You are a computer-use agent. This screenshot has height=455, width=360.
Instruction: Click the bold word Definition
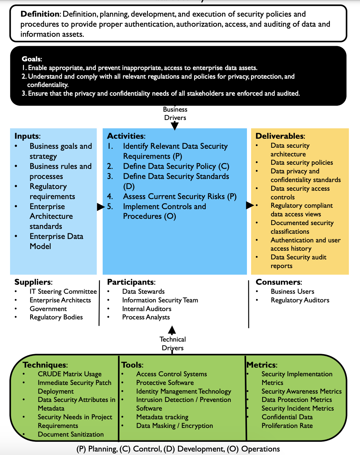[x=40, y=14]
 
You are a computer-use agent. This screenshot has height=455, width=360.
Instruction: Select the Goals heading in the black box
[x=32, y=59]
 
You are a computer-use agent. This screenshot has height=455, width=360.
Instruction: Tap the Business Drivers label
[x=175, y=114]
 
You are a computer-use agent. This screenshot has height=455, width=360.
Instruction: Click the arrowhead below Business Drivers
[x=175, y=126]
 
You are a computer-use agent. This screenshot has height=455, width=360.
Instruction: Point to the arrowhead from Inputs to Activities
[x=101, y=207]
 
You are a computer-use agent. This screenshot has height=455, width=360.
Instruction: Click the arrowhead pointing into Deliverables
[x=250, y=205]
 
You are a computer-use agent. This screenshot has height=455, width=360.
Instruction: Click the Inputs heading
[x=27, y=136]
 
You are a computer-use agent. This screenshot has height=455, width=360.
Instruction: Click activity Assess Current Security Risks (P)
[x=180, y=197]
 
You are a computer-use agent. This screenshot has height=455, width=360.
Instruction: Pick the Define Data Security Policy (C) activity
[x=176, y=166]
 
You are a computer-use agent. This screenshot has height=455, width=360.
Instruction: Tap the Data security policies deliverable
[x=302, y=163]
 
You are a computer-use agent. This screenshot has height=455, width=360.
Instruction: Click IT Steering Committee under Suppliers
[x=63, y=292]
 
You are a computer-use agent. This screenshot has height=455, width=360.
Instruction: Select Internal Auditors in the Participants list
[x=147, y=309]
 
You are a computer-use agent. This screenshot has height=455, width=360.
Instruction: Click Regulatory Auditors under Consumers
[x=300, y=300]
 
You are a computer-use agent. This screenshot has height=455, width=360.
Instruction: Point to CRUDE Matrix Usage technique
[x=69, y=374]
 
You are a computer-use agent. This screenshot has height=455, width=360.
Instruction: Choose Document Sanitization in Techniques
[x=71, y=435]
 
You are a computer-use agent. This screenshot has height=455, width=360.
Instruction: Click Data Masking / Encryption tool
[x=174, y=426]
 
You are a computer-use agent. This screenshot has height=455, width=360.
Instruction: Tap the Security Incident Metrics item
[x=298, y=409]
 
